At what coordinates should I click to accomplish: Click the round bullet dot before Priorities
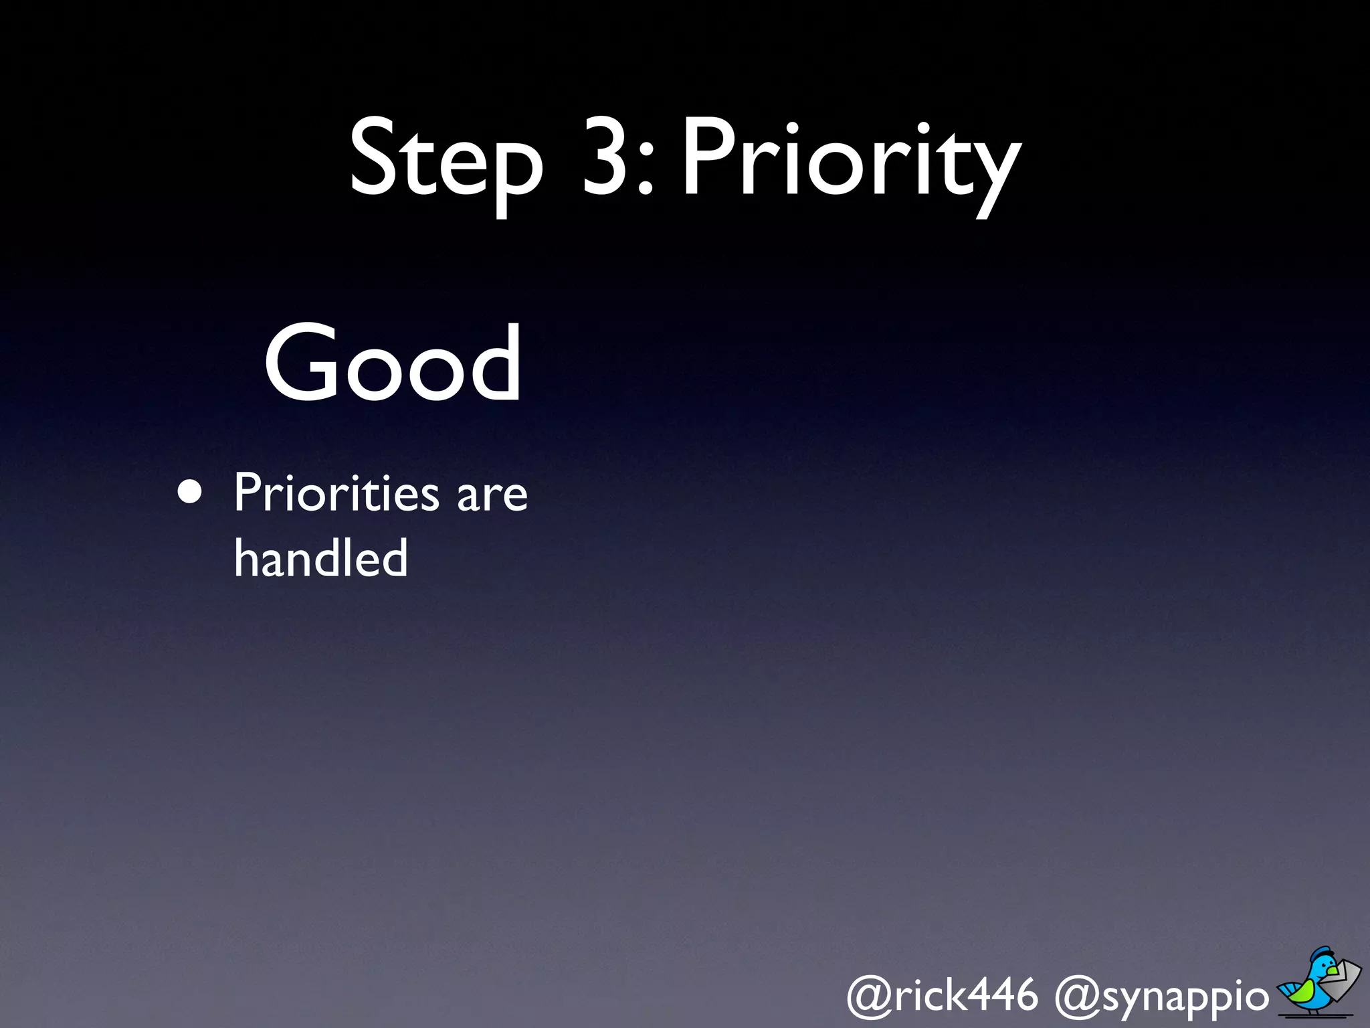pyautogui.click(x=191, y=493)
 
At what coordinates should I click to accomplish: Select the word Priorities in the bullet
pyautogui.click(x=336, y=493)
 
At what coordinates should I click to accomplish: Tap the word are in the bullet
pyautogui.click(x=492, y=497)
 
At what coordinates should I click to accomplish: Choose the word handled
pyautogui.click(x=321, y=558)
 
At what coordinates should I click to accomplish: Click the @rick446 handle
pyautogui.click(x=943, y=995)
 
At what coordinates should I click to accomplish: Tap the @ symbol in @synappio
pyautogui.click(x=1076, y=997)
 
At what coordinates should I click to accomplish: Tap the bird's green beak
pyautogui.click(x=1334, y=969)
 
